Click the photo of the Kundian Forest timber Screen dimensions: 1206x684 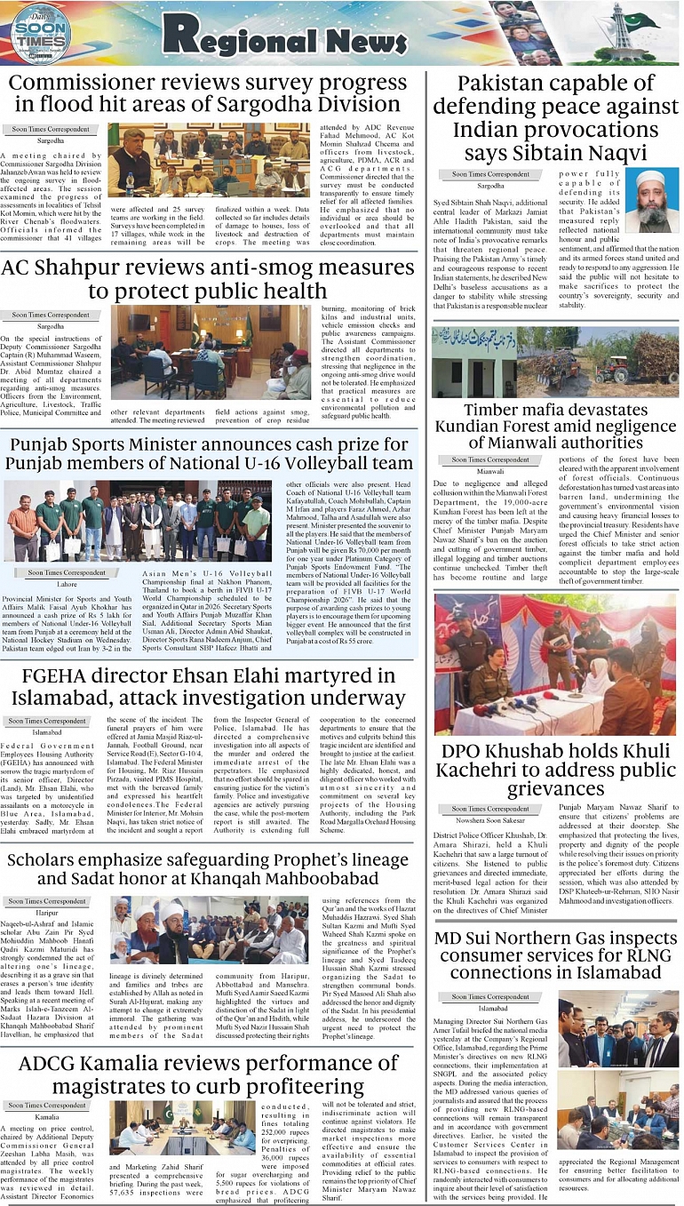(x=555, y=362)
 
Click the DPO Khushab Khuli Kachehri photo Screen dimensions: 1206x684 (x=555, y=664)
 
